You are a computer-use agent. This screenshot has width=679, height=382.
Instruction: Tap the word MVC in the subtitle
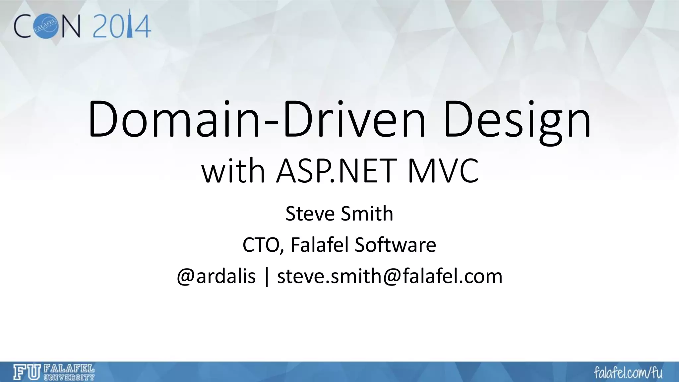pos(443,171)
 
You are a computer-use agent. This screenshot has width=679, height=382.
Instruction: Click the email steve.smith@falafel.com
pos(390,276)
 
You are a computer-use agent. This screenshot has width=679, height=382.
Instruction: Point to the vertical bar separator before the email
pos(267,277)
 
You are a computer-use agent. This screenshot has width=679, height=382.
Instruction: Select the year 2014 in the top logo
pos(122,26)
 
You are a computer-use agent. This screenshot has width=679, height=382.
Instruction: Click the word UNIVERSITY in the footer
pos(69,377)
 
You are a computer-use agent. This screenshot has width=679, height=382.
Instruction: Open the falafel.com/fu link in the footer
pos(628,373)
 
